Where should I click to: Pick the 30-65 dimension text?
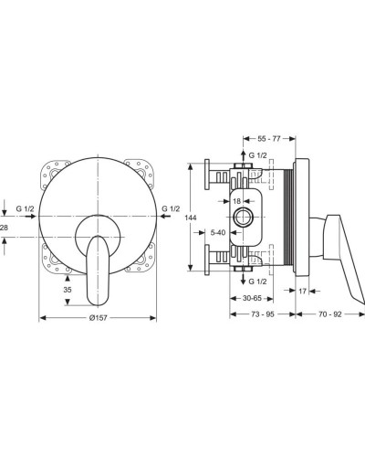pos(257,298)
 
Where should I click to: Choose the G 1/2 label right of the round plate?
pos(170,209)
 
